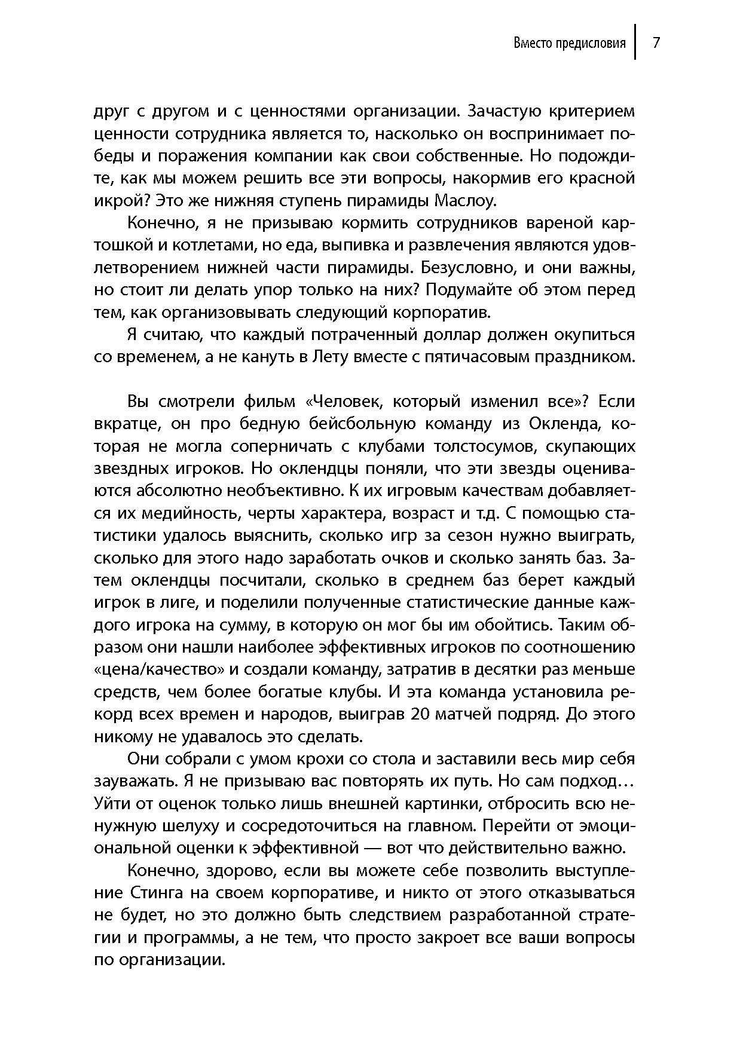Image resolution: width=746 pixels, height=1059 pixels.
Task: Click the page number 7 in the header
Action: click(656, 43)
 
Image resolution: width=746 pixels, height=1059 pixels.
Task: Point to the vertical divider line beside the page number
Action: click(635, 42)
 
